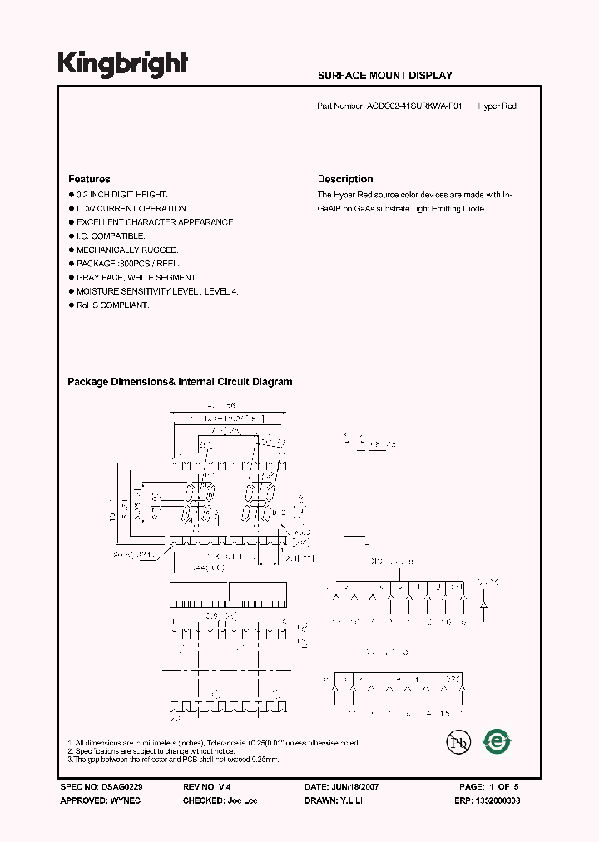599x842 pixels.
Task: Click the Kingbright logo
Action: [122, 64]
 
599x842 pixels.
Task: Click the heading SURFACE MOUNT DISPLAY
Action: [384, 75]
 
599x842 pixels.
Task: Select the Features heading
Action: [88, 179]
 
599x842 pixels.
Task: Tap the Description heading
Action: [345, 179]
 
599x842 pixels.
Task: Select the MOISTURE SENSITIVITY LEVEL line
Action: [157, 291]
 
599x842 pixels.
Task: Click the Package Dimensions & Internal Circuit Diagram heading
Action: [180, 382]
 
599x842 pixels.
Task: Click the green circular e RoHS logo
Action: [498, 740]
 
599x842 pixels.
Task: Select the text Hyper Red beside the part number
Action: [498, 106]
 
